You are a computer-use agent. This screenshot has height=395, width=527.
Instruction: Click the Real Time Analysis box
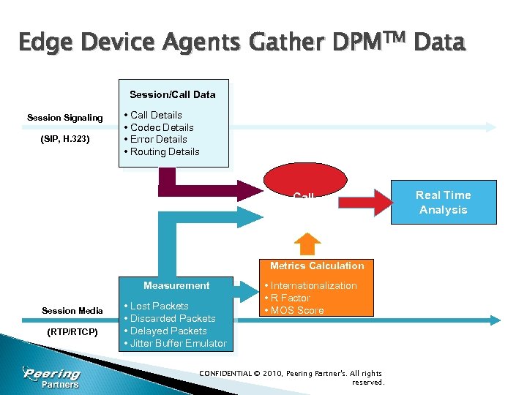(443, 202)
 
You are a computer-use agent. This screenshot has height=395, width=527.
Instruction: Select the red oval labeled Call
(303, 184)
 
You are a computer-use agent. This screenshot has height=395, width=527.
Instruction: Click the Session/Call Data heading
(173, 94)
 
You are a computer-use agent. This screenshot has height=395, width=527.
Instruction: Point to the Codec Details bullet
(161, 127)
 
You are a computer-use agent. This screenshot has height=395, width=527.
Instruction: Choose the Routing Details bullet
(164, 152)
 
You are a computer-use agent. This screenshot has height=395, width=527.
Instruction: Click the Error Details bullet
(158, 140)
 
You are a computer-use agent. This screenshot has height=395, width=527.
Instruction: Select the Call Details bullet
(155, 115)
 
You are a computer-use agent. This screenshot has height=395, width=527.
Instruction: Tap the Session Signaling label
(65, 118)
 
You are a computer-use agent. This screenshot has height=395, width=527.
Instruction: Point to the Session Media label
(72, 311)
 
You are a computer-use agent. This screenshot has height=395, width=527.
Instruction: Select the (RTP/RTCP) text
(72, 331)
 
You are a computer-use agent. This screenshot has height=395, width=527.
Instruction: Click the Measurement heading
(176, 286)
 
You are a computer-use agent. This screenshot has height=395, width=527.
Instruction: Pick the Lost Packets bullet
(159, 306)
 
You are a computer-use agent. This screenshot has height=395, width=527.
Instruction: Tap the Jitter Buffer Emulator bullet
(178, 344)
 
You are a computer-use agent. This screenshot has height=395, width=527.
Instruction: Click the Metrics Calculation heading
(316, 266)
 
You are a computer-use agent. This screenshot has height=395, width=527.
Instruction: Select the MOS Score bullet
(296, 311)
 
